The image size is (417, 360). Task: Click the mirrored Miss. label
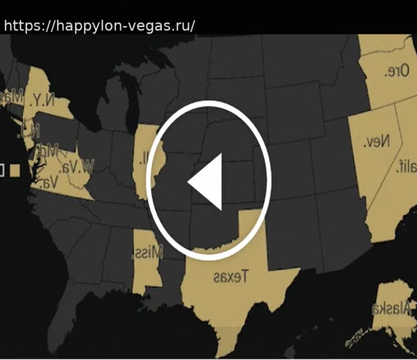pos(148,252)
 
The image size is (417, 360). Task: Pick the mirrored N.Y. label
pos(41,99)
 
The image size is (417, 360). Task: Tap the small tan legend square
pos(14,170)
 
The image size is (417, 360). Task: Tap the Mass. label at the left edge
pos(9,96)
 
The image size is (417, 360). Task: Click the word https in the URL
pos(21,26)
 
